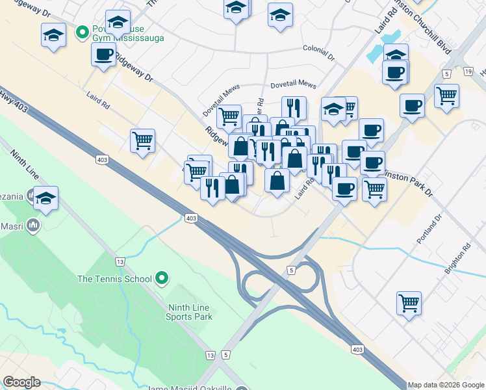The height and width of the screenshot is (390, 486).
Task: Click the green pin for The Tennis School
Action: coord(162,279)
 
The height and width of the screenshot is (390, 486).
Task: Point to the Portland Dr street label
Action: coord(429,229)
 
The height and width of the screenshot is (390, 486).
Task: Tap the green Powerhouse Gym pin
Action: coord(83,31)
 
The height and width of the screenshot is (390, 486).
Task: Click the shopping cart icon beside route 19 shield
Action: coord(446,96)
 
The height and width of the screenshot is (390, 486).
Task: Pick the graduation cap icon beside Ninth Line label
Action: coord(45,199)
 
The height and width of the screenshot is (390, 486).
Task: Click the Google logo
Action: coord(21,382)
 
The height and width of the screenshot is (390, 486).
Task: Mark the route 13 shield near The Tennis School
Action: coord(120,261)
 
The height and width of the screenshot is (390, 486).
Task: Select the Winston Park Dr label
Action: coord(406,180)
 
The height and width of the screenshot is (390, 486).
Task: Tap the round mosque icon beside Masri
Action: coord(32,226)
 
